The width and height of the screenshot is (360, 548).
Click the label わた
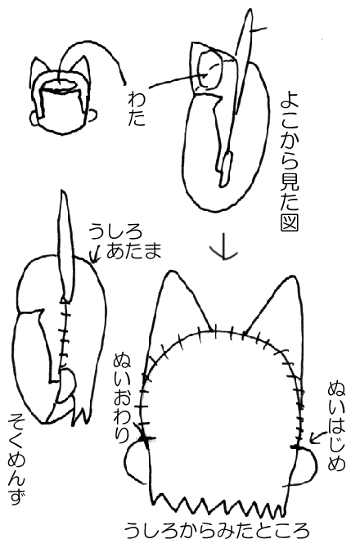point(136,108)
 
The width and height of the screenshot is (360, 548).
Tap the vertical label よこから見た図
point(289,164)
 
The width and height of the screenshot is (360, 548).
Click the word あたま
point(133,250)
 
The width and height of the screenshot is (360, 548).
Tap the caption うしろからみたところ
point(217,530)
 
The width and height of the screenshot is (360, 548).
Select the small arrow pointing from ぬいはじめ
point(317,438)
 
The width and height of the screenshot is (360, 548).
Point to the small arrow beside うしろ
point(95,253)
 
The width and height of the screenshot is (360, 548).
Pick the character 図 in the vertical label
point(289,222)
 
